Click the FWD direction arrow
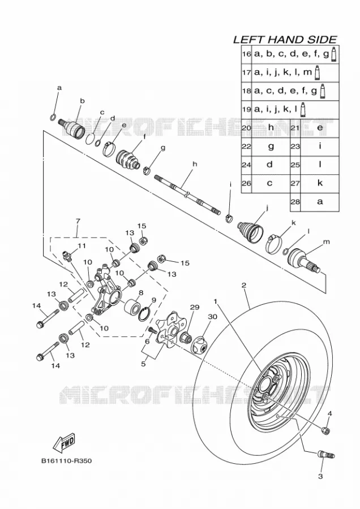[x=64, y=443]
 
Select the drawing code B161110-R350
[x=66, y=460]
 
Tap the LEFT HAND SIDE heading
[x=285, y=40]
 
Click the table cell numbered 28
[x=295, y=202]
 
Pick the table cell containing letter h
[x=271, y=128]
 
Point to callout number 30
[x=212, y=317]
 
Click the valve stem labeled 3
[x=325, y=455]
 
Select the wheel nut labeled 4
[x=325, y=430]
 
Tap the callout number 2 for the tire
[x=244, y=286]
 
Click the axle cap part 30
[x=203, y=347]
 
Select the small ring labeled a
[x=54, y=117]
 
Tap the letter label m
[x=326, y=241]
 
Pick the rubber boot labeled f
[x=128, y=159]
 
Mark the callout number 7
[x=78, y=221]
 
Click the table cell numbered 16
[x=246, y=54]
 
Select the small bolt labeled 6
[x=152, y=330]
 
